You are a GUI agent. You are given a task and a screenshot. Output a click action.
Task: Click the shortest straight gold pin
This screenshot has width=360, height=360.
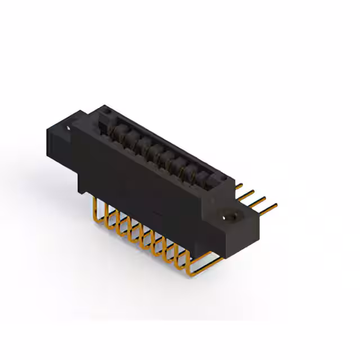pyautogui.click(x=238, y=185)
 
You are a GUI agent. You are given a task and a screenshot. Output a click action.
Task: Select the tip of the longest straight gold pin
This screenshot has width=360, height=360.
pyautogui.click(x=276, y=208)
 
